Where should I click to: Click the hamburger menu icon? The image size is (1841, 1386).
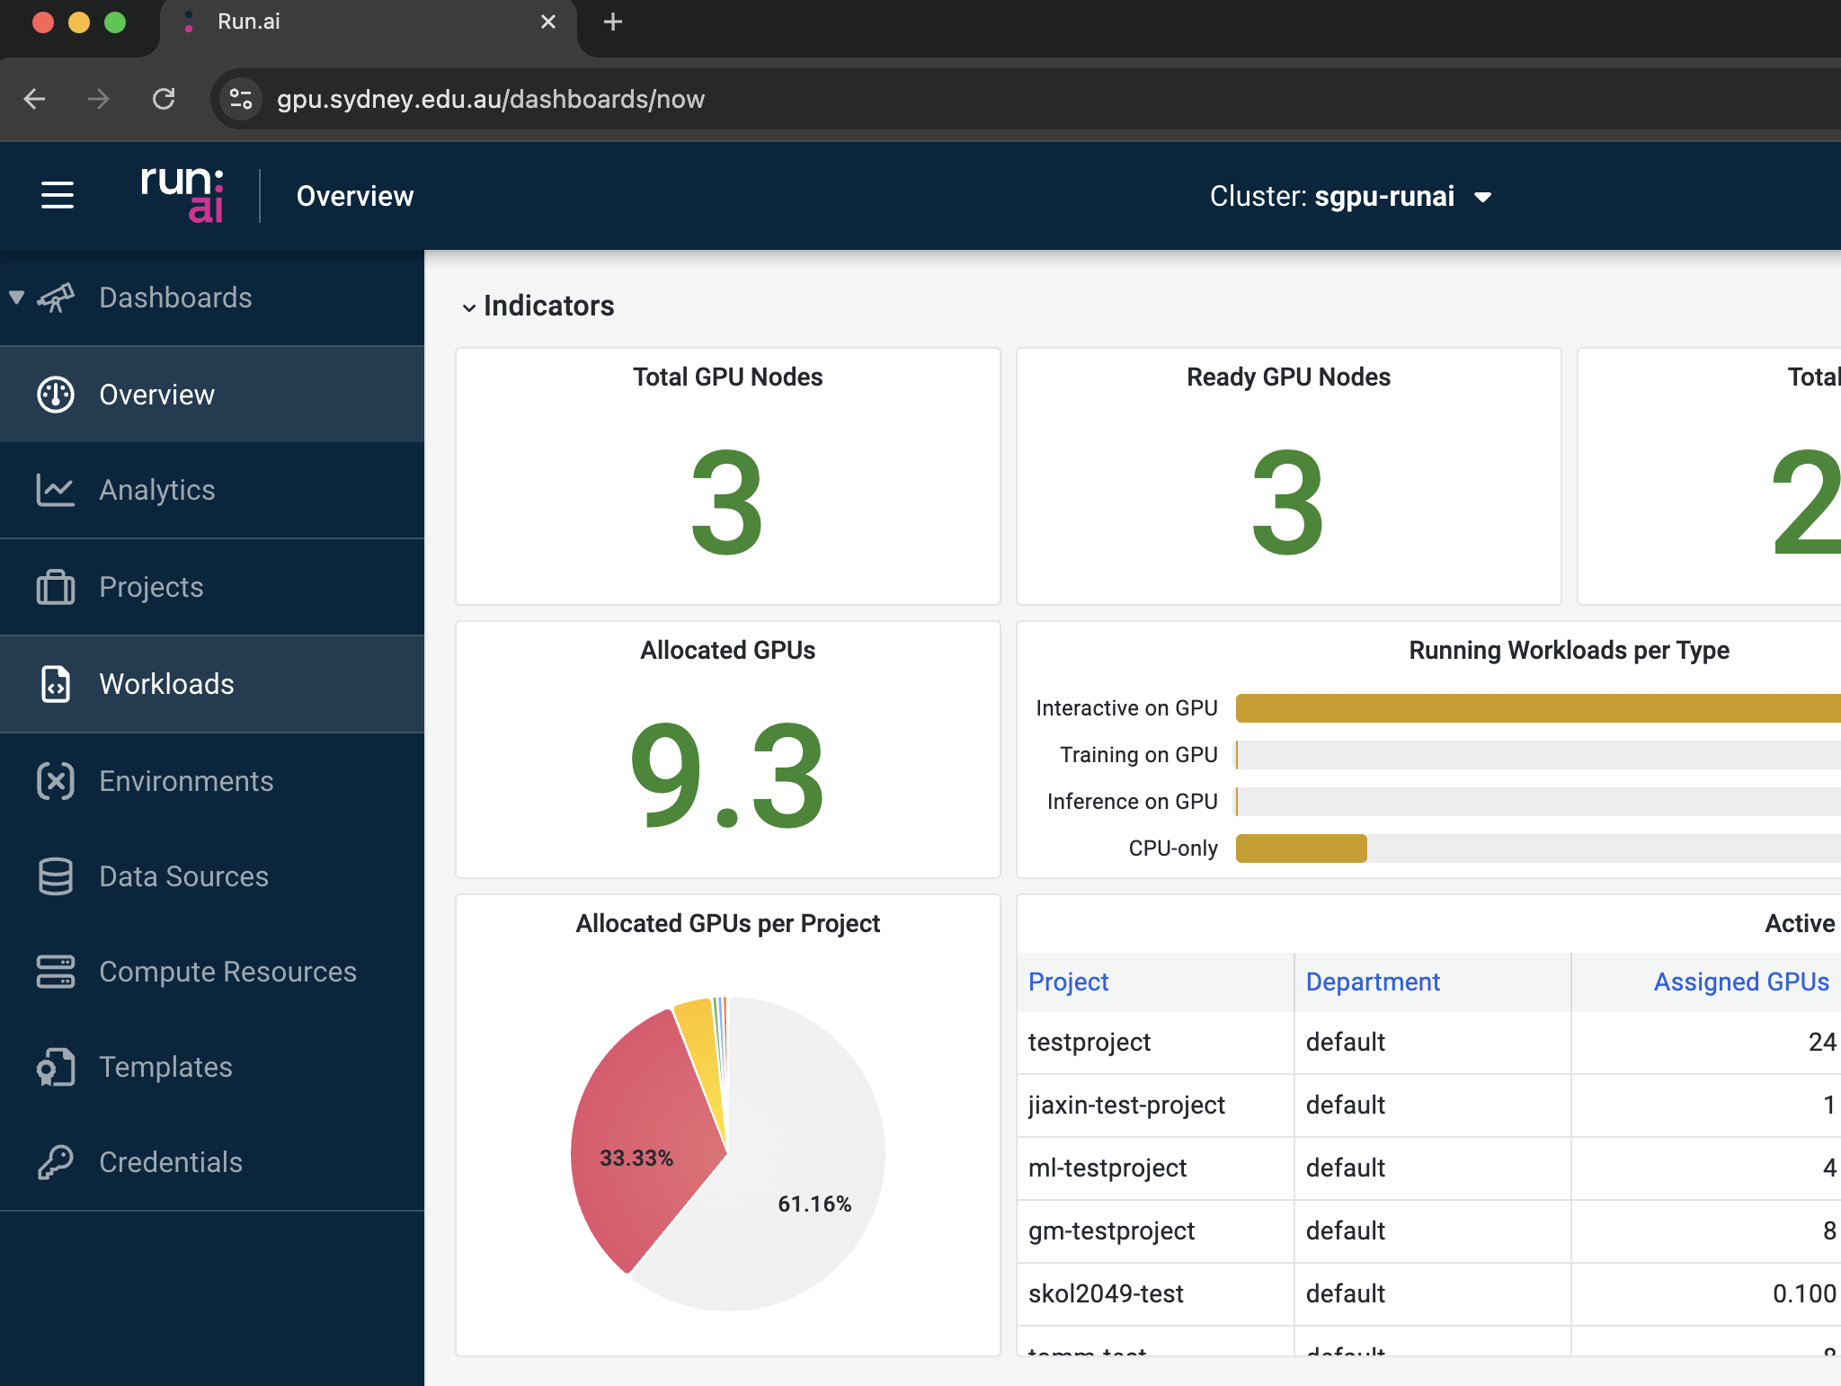pos(58,195)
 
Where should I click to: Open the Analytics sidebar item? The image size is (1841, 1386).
pos(156,490)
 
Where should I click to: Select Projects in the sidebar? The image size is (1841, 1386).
pos(151,587)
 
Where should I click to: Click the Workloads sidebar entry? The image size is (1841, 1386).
pos(166,684)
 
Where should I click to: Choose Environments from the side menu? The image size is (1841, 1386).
pos(186,781)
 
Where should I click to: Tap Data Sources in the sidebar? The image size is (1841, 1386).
pos(183,876)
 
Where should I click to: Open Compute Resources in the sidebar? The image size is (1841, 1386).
pos(227,972)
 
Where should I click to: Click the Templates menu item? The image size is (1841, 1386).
pos(165,1067)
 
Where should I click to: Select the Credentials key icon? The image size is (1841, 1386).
pos(56,1162)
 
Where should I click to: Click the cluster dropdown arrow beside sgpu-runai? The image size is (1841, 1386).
pos(1483,198)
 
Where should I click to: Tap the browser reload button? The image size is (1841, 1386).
pos(164,99)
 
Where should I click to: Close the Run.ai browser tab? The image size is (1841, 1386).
pos(548,22)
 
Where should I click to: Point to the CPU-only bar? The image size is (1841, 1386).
pos(1301,848)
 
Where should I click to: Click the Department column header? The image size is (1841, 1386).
pos(1373,982)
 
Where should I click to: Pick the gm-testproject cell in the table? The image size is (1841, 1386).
pos(1111,1231)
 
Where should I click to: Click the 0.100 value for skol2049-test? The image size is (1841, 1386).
pos(1803,1293)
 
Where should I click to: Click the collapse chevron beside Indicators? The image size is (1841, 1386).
pos(468,307)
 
